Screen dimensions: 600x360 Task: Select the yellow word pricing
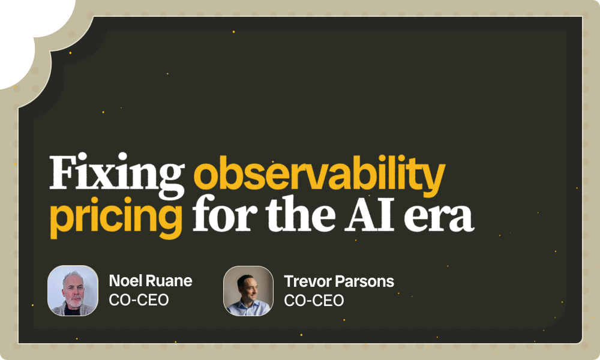click(x=116, y=217)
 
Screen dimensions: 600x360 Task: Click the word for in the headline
click(x=225, y=213)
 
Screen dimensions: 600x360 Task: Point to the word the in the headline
click(x=301, y=213)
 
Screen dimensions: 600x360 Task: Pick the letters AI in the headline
click(x=369, y=214)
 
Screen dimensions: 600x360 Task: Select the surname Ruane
click(x=169, y=281)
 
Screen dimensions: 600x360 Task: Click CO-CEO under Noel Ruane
click(x=139, y=300)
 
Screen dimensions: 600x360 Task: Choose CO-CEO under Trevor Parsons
click(x=314, y=301)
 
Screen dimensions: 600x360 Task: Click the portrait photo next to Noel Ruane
click(x=73, y=291)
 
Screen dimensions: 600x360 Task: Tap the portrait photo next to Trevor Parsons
click(x=248, y=291)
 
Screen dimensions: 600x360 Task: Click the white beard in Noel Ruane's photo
click(x=73, y=301)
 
